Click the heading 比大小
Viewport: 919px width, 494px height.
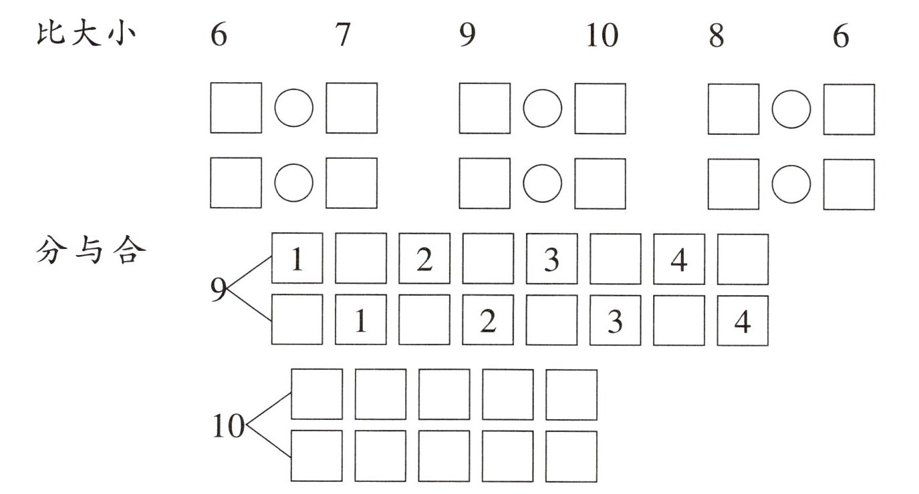pos(86,34)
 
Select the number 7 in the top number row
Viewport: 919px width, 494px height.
pos(342,35)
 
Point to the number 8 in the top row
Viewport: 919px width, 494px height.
pos(716,36)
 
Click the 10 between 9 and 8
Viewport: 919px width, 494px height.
pos(601,36)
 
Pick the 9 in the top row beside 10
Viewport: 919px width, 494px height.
pos(467,36)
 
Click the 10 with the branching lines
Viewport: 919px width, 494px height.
pos(228,426)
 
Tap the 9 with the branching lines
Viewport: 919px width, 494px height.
pos(218,290)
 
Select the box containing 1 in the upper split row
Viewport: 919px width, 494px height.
pos(297,259)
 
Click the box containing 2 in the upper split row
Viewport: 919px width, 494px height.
pos(424,259)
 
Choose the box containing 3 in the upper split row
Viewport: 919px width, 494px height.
pos(551,259)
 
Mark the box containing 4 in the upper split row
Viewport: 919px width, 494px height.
pos(678,259)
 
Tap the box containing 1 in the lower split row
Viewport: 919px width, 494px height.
pos(360,320)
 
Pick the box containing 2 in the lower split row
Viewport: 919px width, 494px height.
pos(488,320)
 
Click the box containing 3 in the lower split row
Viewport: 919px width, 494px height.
pos(615,320)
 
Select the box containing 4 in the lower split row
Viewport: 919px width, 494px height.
pos(743,320)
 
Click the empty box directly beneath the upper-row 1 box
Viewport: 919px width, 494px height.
pos(297,320)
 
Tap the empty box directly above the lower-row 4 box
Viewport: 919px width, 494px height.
pos(743,259)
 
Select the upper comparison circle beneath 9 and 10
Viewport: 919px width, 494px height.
pos(542,108)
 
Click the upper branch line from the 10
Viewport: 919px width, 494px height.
pos(269,409)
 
